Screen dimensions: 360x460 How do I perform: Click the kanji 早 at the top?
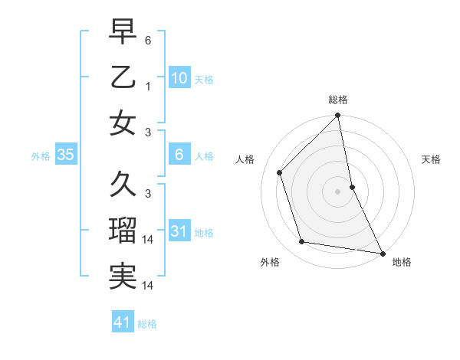point(123,32)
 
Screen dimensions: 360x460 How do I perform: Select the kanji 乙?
point(123,77)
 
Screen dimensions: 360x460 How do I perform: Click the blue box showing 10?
point(179,77)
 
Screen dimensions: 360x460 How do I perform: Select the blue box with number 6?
point(179,155)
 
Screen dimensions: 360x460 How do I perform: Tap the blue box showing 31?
point(179,231)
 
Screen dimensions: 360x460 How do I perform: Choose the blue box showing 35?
point(66,155)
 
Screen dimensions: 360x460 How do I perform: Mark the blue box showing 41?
point(123,322)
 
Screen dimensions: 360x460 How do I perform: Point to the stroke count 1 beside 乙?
point(148,86)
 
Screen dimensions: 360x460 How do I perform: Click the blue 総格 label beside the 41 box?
point(147,324)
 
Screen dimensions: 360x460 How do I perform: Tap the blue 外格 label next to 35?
point(41,156)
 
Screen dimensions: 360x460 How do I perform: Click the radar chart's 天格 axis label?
point(432,159)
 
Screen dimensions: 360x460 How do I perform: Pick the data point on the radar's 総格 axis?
point(337,116)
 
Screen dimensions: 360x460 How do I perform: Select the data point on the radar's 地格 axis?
point(382,253)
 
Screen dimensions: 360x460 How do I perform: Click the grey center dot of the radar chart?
point(337,191)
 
